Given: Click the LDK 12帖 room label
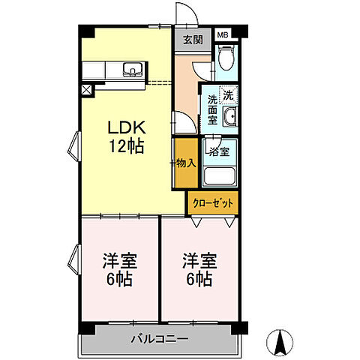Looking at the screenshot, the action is pyautogui.click(x=127, y=136).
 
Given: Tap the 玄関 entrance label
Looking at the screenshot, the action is pyautogui.click(x=193, y=40).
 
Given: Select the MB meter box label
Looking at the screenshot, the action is pyautogui.click(x=223, y=35).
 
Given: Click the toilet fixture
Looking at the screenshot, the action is pyautogui.click(x=226, y=58).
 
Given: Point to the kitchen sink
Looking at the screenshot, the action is pyautogui.click(x=133, y=70).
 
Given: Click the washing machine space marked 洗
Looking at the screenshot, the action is pyautogui.click(x=228, y=95).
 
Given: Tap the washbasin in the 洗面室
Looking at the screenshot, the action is pyautogui.click(x=230, y=116).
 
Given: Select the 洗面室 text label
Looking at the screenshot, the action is pyautogui.click(x=212, y=110).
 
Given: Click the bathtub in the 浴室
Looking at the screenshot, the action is pyautogui.click(x=219, y=176).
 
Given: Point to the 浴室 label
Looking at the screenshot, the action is pyautogui.click(x=219, y=151).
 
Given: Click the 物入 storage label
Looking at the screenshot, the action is pyautogui.click(x=186, y=163).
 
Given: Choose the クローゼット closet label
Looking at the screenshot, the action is pyautogui.click(x=213, y=203).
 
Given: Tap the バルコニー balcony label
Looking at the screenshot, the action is pyautogui.click(x=160, y=339).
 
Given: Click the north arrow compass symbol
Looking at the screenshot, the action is pyautogui.click(x=280, y=342).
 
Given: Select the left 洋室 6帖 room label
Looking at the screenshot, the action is pyautogui.click(x=119, y=270).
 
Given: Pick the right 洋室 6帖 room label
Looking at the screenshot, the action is pyautogui.click(x=199, y=270).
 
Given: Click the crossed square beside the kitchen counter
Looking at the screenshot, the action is pyautogui.click(x=86, y=90).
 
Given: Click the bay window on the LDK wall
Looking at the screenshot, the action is pyautogui.click(x=74, y=146).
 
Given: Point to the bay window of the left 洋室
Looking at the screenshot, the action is pyautogui.click(x=74, y=259).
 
